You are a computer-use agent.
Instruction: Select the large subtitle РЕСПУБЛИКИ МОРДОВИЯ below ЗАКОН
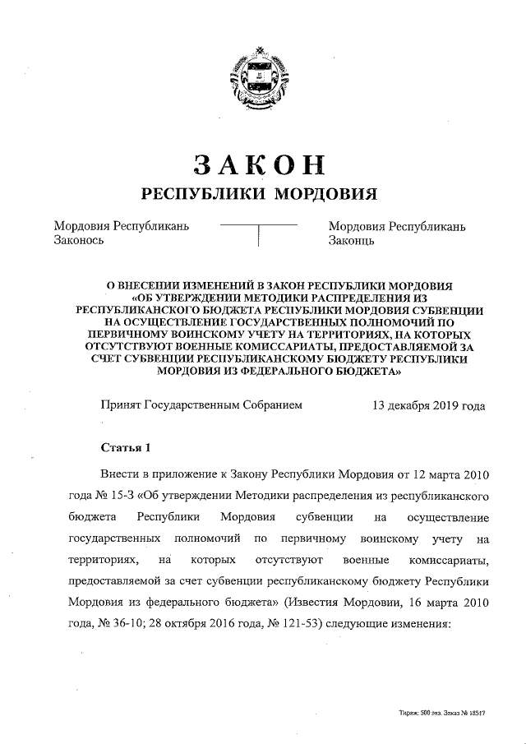260,194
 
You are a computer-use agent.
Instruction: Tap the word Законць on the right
352,241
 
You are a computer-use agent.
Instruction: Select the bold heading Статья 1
125,448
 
